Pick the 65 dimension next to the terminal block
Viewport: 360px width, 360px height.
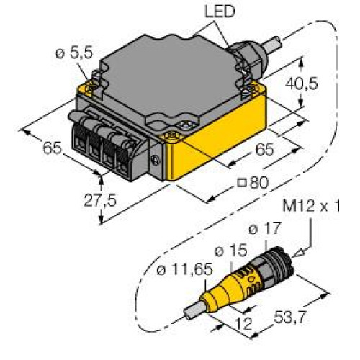click(51, 149)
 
